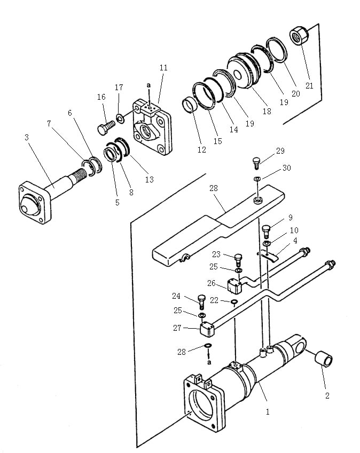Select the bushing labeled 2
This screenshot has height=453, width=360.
324,359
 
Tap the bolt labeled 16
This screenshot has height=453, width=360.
106,128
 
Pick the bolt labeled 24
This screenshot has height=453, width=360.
202,301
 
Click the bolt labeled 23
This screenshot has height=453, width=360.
239,260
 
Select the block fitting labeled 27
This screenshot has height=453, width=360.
207,329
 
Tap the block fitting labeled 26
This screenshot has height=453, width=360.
235,286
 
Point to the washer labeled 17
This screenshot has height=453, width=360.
120,117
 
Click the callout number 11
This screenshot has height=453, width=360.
163,68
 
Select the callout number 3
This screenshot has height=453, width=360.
27,137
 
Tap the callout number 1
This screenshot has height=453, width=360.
268,412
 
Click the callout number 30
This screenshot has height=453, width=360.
286,168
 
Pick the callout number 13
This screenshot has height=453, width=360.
149,179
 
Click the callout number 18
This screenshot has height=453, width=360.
267,111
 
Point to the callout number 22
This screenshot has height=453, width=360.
214,300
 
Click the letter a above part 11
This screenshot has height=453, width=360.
148,85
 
